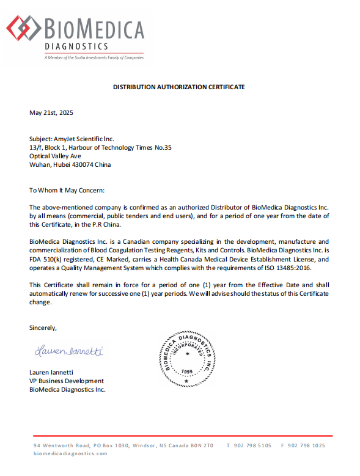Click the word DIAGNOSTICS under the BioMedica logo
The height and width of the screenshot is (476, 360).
point(76,47)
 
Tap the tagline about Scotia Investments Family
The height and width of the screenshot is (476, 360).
point(94,57)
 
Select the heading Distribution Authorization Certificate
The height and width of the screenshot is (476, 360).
point(179,87)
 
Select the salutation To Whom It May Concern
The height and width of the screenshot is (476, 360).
point(67,191)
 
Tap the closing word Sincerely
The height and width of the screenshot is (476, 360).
point(43,328)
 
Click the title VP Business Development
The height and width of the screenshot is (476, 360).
point(66,381)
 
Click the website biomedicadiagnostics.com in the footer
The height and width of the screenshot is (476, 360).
point(70,453)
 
